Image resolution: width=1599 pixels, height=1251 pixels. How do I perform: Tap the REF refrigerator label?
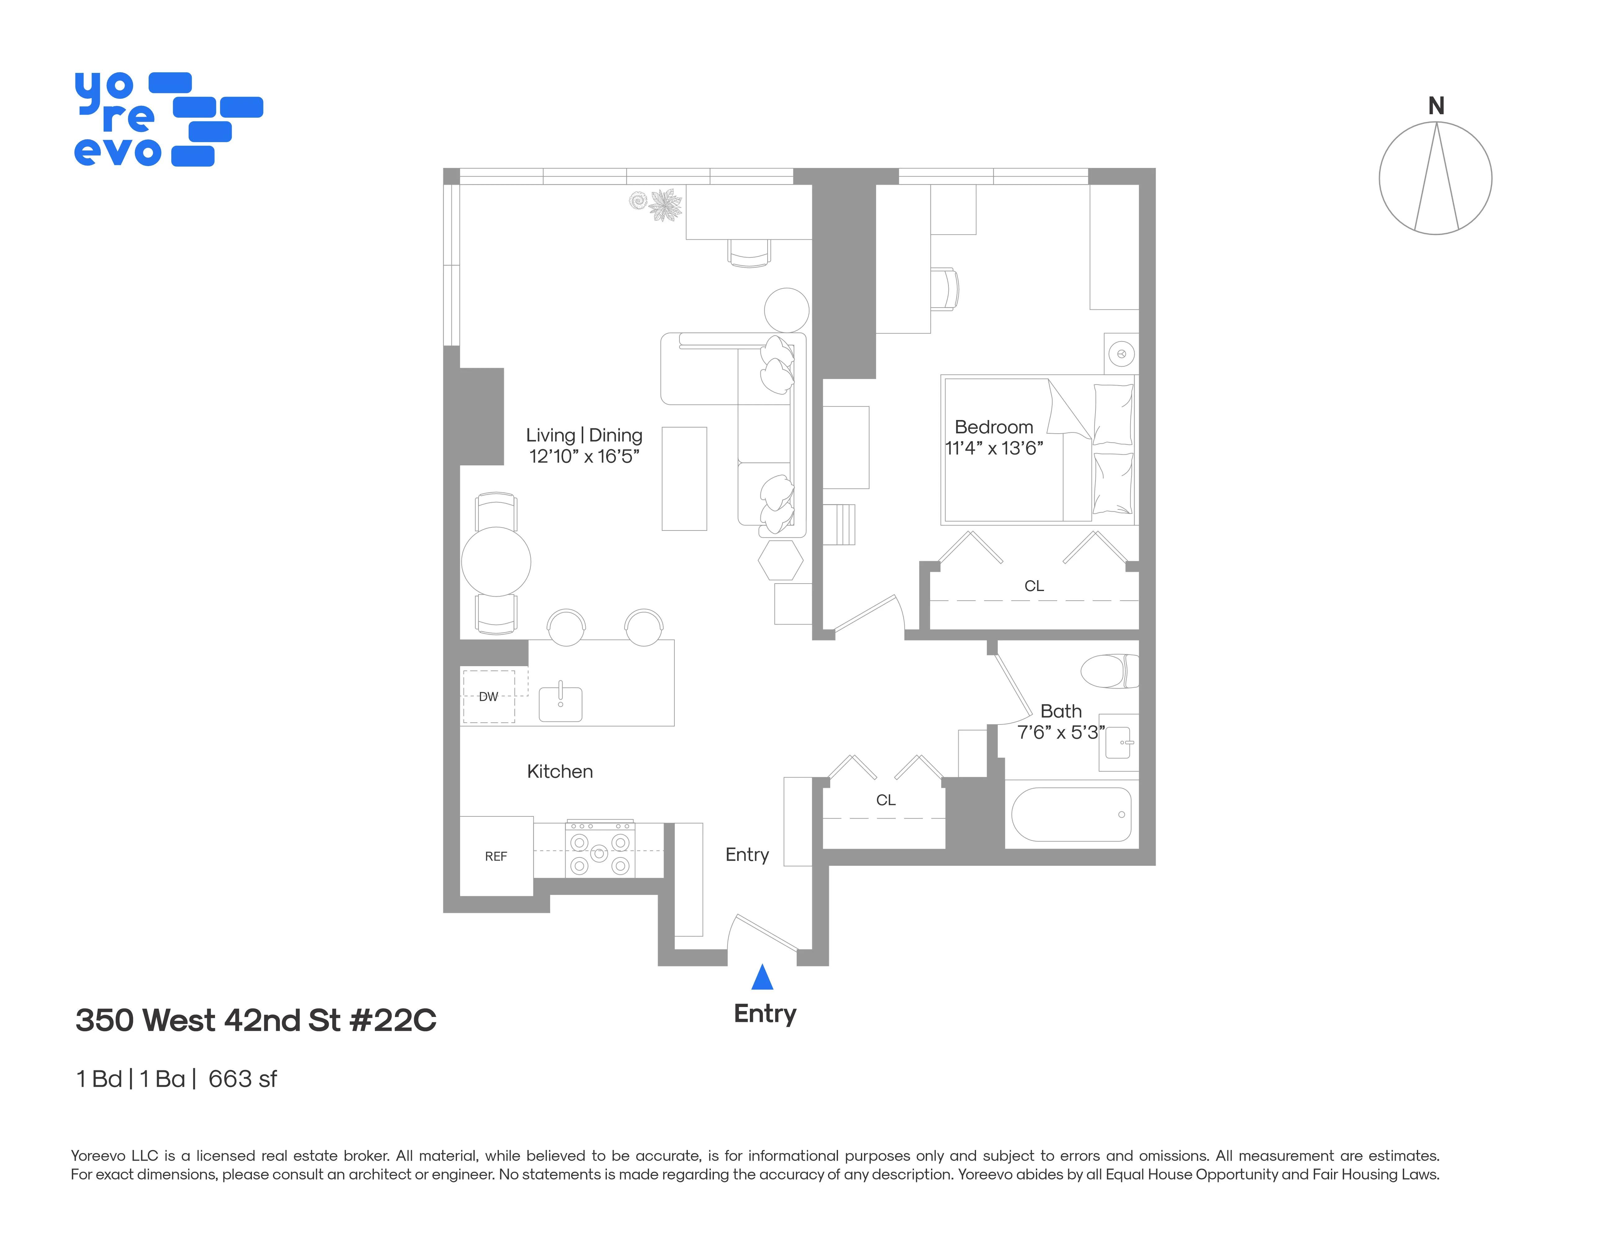coord(496,856)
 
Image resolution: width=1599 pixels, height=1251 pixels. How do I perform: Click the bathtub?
coord(1071,815)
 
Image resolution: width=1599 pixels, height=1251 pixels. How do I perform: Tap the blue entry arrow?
coord(762,977)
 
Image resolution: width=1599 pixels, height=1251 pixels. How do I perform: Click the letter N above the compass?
coord(1436,106)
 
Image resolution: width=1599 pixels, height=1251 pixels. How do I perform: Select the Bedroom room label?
coord(993,427)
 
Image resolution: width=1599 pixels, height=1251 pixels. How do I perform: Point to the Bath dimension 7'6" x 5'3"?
coord(1060,732)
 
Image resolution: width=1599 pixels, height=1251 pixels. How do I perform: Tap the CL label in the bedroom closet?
coord(1034,586)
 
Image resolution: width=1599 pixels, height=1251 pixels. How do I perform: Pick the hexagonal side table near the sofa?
coord(781,560)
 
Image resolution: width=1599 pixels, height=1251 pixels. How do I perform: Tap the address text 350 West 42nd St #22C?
coord(256,1020)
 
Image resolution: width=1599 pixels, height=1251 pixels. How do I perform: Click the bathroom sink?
coord(1118,743)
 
